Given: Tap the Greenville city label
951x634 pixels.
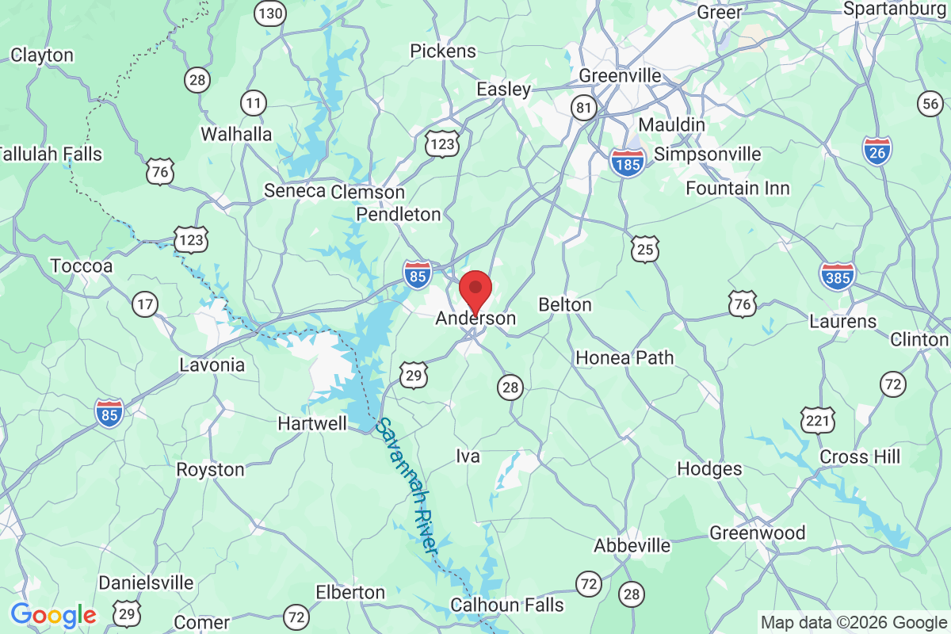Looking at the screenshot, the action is coord(620,75).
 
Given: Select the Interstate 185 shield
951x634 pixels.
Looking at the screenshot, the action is coord(628,162).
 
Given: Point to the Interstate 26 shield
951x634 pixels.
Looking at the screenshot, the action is coord(877,150).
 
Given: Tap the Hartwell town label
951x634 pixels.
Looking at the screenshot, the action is coord(312,424).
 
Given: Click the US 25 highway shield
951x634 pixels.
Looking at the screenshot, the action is coord(645,249).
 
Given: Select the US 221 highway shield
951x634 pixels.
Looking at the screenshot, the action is coord(817,420).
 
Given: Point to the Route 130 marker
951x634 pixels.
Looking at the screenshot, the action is coord(270,13).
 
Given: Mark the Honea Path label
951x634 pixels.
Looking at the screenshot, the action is coord(624,357).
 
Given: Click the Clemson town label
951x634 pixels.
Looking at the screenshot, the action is coord(368,192).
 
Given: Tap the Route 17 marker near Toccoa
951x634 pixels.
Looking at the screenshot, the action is coord(145,304).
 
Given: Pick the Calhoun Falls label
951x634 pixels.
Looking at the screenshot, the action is coord(507,605).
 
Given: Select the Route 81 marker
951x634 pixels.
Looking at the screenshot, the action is coord(585,108).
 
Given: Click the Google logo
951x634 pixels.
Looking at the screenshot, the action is coord(53,614).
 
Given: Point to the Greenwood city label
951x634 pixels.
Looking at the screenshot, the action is coord(757,533).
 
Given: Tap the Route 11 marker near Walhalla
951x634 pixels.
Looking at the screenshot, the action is coord(254,102).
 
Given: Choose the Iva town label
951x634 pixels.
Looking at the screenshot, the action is coord(468,456).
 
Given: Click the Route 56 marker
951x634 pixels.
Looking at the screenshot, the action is coord(930,103).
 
